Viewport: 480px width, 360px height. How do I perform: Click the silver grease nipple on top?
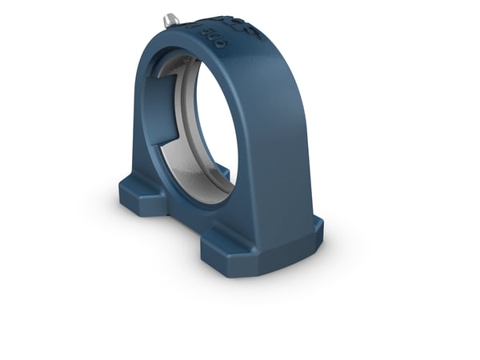tap(170, 18)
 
